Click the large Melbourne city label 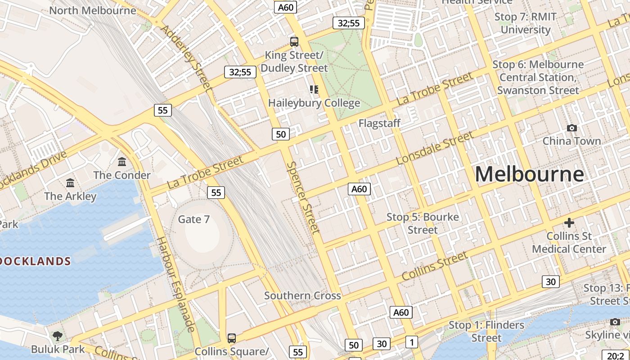(529, 174)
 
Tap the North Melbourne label (93, 10)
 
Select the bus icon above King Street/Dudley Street (294, 42)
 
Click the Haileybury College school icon (314, 89)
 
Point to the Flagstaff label (379, 123)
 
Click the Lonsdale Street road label (435, 148)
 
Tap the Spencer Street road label (303, 198)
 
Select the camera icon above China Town (571, 128)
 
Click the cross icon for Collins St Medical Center (569, 223)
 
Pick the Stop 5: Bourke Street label (423, 223)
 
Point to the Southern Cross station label (302, 296)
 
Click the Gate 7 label (194, 219)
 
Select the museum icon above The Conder (122, 162)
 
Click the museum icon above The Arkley (70, 183)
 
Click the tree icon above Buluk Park (58, 336)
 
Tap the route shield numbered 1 (411, 342)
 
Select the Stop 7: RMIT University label (526, 23)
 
